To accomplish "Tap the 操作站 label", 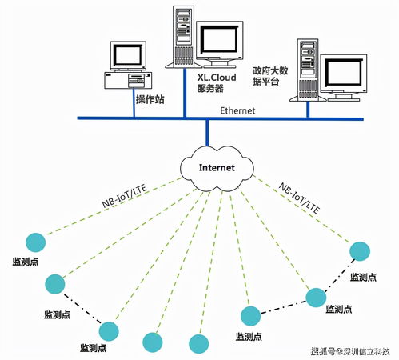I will [150, 99].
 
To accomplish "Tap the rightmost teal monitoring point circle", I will [361, 250].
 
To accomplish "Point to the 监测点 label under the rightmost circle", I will [365, 277].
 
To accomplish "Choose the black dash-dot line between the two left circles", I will [81, 306].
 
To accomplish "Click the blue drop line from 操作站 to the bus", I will [133, 107].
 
